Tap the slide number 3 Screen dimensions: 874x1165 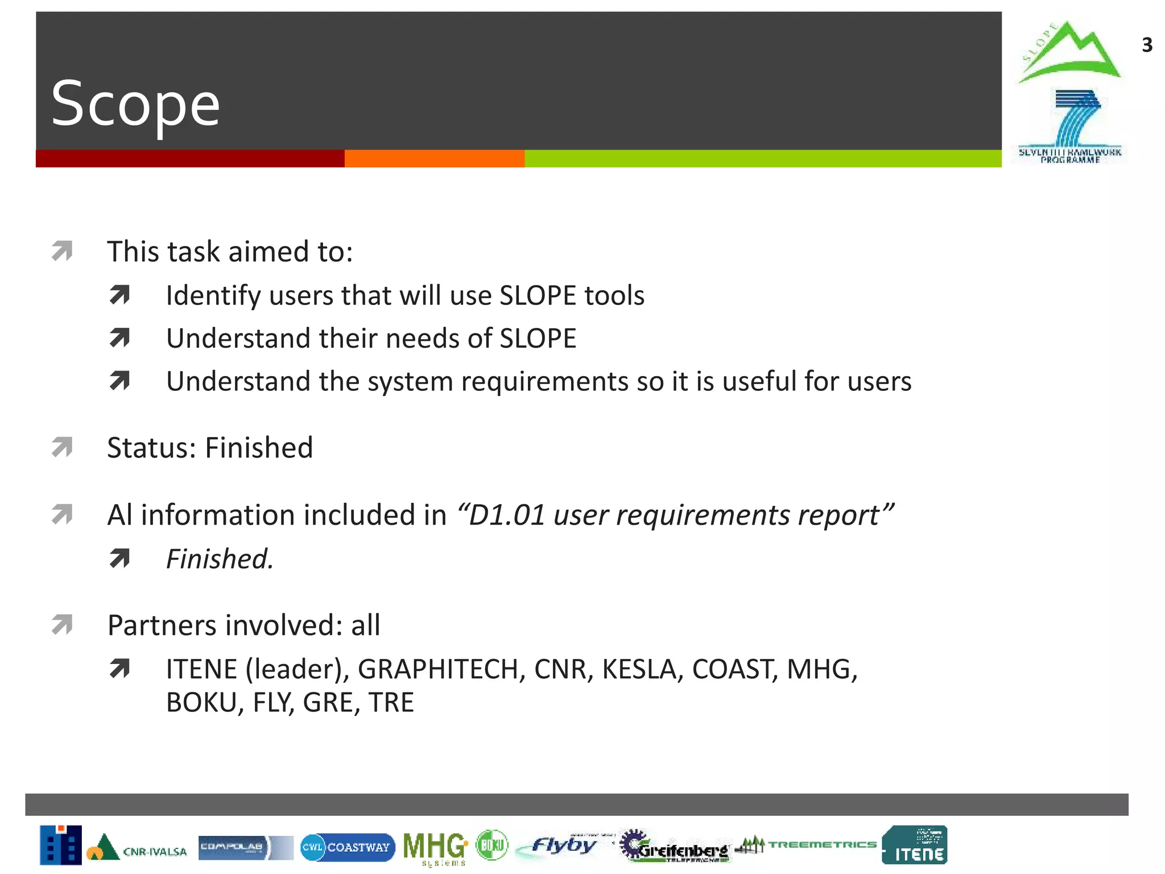point(1147,45)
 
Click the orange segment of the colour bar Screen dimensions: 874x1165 point(434,159)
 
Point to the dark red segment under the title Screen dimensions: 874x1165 point(189,159)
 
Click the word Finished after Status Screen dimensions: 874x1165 point(259,448)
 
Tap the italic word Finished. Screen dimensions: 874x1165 point(219,559)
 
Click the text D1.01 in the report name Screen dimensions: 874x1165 point(507,516)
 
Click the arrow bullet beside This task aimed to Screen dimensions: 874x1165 point(62,251)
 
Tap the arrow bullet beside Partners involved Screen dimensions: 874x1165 point(62,624)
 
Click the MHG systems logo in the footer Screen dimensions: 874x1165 point(435,847)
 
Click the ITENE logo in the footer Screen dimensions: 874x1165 point(915,845)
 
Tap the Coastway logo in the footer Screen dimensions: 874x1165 point(348,847)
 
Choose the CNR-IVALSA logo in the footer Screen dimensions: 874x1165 point(137,848)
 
